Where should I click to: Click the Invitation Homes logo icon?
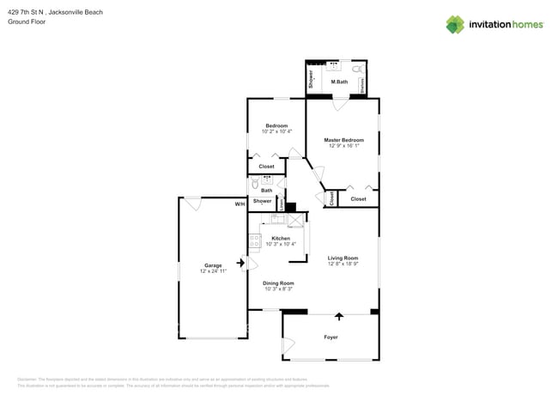(455, 24)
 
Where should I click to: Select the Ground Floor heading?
(27, 21)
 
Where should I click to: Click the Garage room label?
(213, 265)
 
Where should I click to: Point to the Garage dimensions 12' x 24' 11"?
(213, 271)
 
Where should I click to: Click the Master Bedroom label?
(343, 140)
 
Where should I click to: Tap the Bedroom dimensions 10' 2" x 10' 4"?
(276, 131)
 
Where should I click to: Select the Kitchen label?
(281, 238)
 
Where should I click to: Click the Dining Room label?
(278, 283)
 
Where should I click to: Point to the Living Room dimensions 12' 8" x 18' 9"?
(343, 264)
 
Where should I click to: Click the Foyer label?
(331, 337)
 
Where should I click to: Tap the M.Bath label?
(339, 82)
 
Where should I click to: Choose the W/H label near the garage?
(240, 204)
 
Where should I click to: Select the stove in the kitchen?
(255, 242)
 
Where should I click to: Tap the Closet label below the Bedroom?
(267, 167)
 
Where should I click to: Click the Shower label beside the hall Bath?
(262, 201)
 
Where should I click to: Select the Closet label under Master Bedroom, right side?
(358, 199)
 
